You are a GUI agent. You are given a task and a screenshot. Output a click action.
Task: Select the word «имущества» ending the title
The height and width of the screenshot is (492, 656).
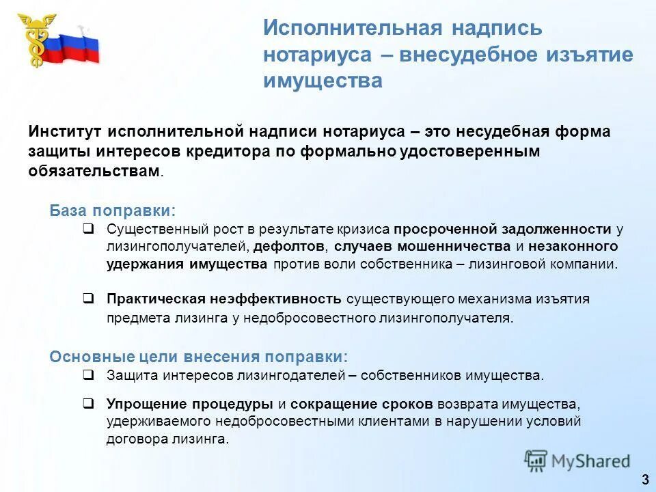coord(323,81)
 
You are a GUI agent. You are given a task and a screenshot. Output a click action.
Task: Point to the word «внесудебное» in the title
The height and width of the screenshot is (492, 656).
coord(477,55)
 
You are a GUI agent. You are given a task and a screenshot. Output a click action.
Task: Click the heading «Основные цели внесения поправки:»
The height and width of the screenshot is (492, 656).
coord(198,357)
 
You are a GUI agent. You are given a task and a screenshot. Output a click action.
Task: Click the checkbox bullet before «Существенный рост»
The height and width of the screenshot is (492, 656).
coord(88,229)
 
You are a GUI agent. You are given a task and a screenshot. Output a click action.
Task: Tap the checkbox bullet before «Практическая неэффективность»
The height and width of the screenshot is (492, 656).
coord(88,299)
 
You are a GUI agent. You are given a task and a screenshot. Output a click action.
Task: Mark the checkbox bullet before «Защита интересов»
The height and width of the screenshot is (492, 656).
coord(88,374)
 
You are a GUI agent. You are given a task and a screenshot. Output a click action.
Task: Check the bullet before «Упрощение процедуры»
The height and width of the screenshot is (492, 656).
coord(88,403)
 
